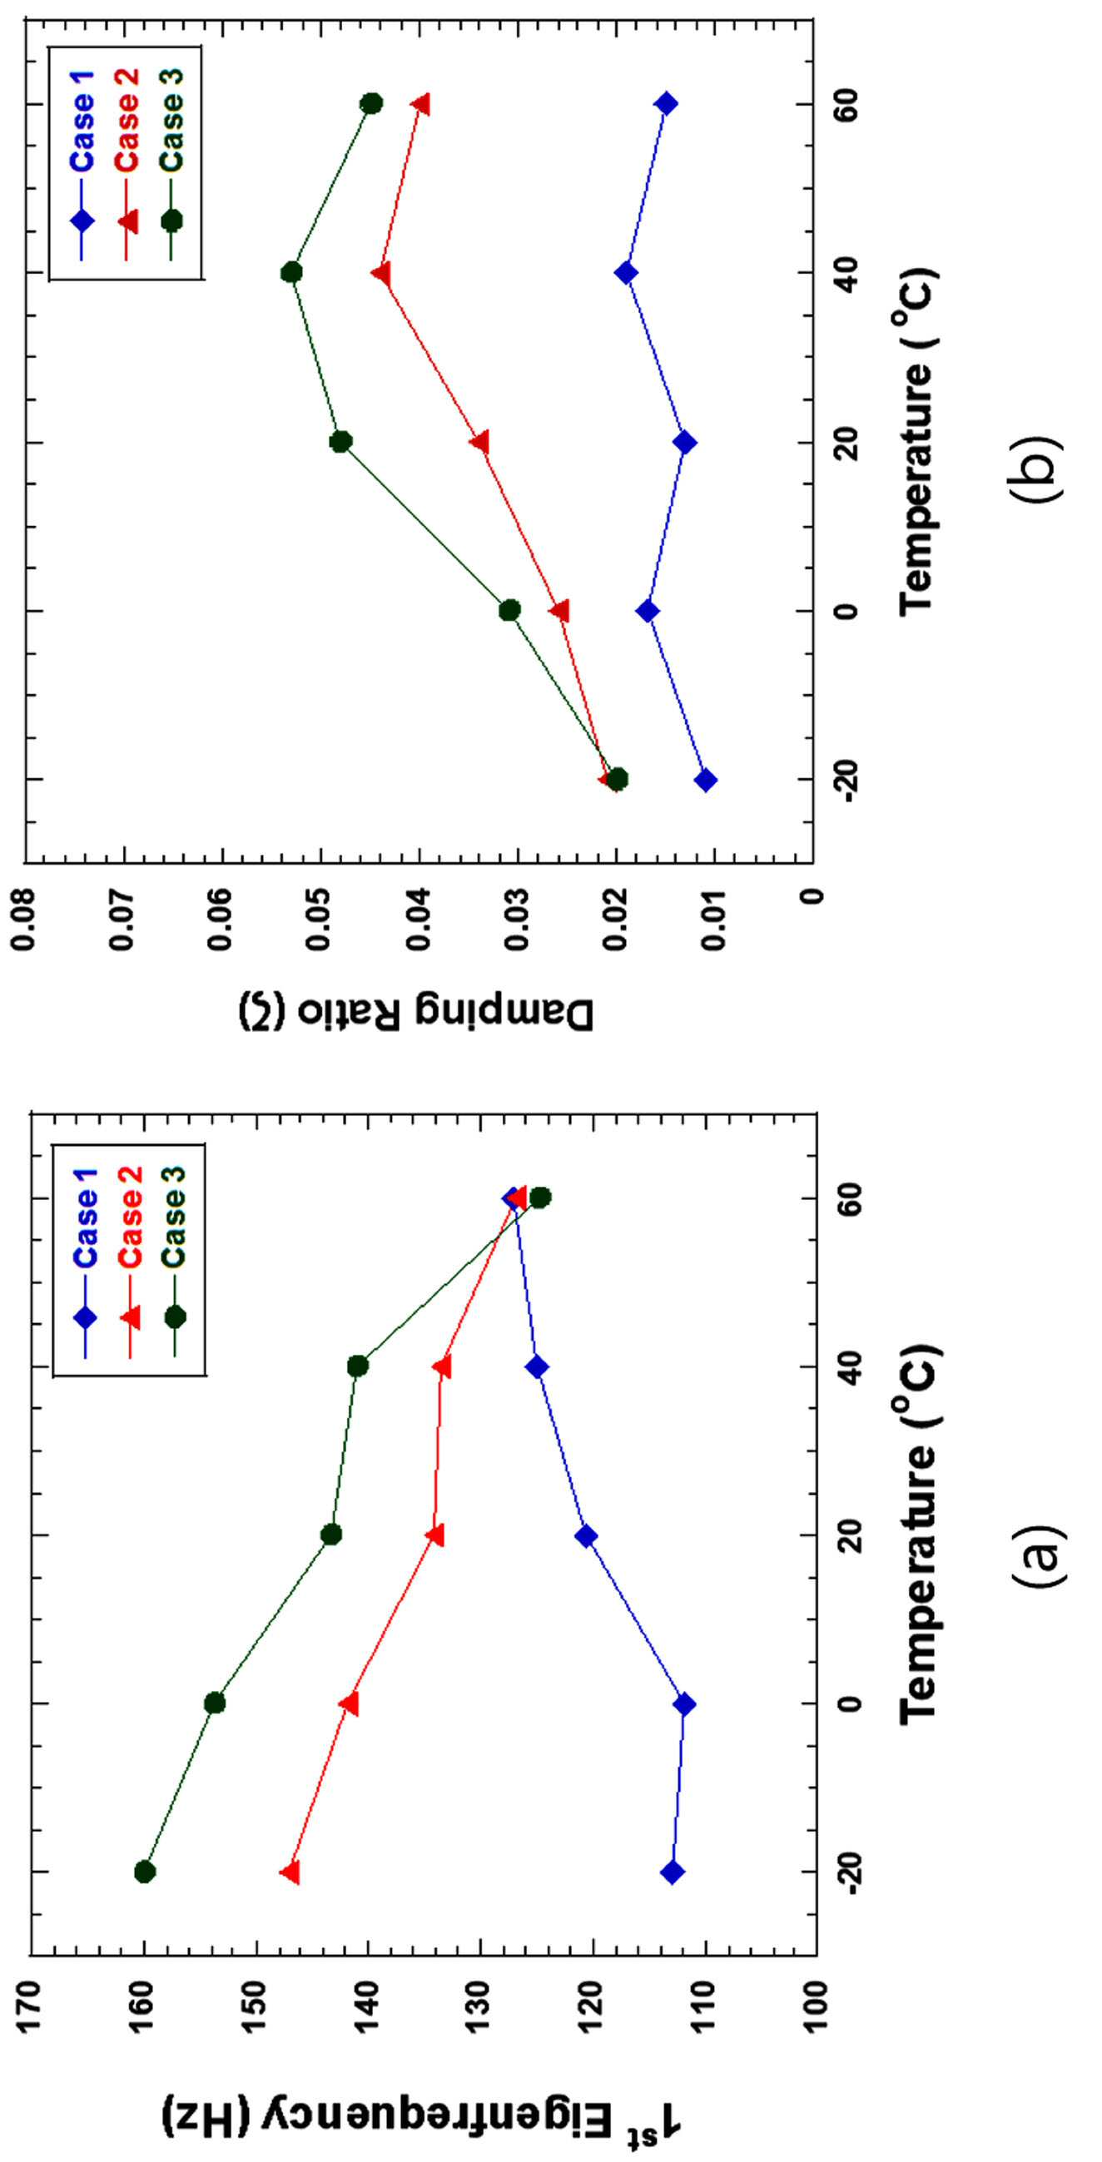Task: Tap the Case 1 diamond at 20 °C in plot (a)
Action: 586,1536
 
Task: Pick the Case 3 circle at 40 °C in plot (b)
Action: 291,273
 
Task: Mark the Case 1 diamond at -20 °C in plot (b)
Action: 706,780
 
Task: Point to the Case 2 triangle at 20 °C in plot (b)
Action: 479,443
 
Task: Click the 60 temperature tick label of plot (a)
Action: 850,1198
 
